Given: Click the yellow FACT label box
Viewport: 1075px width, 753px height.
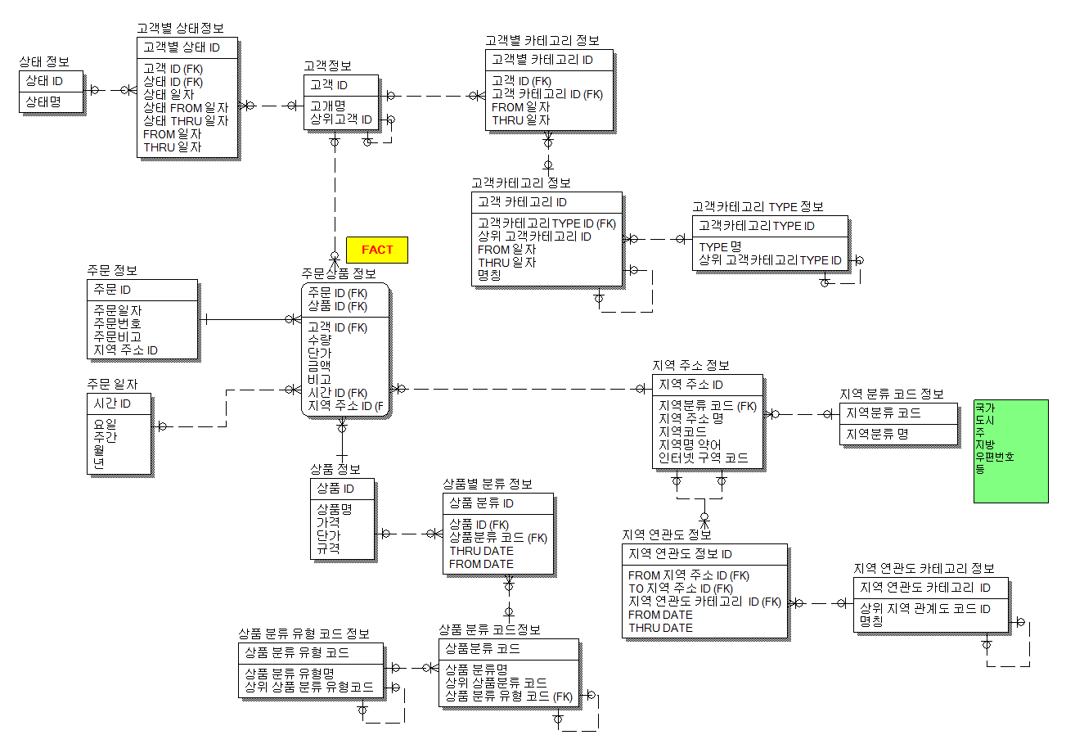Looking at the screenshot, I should tap(377, 250).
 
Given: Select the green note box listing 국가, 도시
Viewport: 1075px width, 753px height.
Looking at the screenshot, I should tap(1010, 451).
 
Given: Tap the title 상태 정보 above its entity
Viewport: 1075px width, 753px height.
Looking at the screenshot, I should tap(44, 61).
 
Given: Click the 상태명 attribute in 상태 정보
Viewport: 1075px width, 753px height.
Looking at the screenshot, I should tap(43, 101).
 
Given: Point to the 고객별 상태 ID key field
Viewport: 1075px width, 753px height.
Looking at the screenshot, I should tap(181, 47).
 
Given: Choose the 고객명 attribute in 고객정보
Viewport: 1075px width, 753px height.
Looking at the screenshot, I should tap(327, 106).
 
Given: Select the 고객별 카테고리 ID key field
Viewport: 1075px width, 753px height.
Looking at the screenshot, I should tap(542, 60).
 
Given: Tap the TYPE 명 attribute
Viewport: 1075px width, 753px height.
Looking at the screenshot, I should tap(720, 246).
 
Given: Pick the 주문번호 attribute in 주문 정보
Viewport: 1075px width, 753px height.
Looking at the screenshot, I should tap(117, 323).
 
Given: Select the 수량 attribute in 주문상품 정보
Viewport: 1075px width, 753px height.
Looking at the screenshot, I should tap(319, 340).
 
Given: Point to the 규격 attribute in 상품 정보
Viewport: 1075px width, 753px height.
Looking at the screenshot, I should tap(329, 548).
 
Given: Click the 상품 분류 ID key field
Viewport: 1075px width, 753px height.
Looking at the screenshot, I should tap(481, 503).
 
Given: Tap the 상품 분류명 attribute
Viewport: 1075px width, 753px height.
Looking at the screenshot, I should tap(476, 670).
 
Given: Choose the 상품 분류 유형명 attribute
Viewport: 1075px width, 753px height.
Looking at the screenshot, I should tap(290, 674).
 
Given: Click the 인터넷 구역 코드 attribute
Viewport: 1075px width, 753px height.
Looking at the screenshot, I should tap(703, 458).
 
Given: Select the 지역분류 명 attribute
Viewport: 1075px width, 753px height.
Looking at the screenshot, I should tap(877, 434).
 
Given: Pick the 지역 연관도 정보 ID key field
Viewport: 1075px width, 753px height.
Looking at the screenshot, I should tap(680, 554).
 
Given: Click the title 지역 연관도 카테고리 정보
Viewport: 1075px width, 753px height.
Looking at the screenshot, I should tap(924, 568).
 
